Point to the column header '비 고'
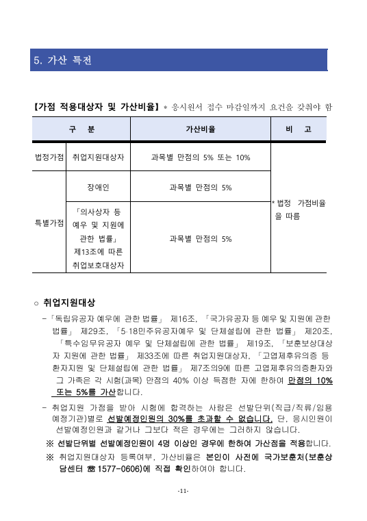[x=299, y=129]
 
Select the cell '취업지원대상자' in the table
[x=99, y=157]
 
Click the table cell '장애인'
[x=99, y=187]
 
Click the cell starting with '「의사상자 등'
[x=99, y=212]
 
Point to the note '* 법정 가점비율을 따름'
[x=299, y=209]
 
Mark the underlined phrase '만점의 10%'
[x=310, y=380]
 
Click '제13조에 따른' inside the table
[x=99, y=251]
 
